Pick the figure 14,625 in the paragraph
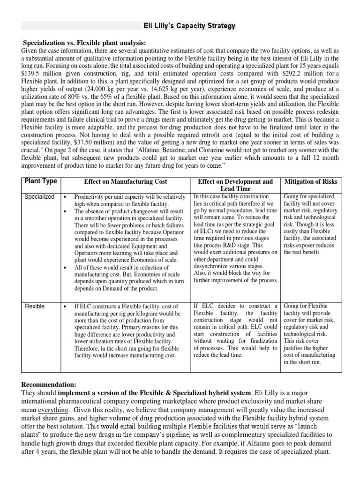pyautogui.click(x=173, y=89)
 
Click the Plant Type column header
pyautogui.click(x=41, y=181)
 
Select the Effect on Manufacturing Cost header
pyautogui.click(x=125, y=181)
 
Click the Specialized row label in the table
pyautogui.click(x=39, y=197)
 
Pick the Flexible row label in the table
pyautogui.click(x=35, y=306)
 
